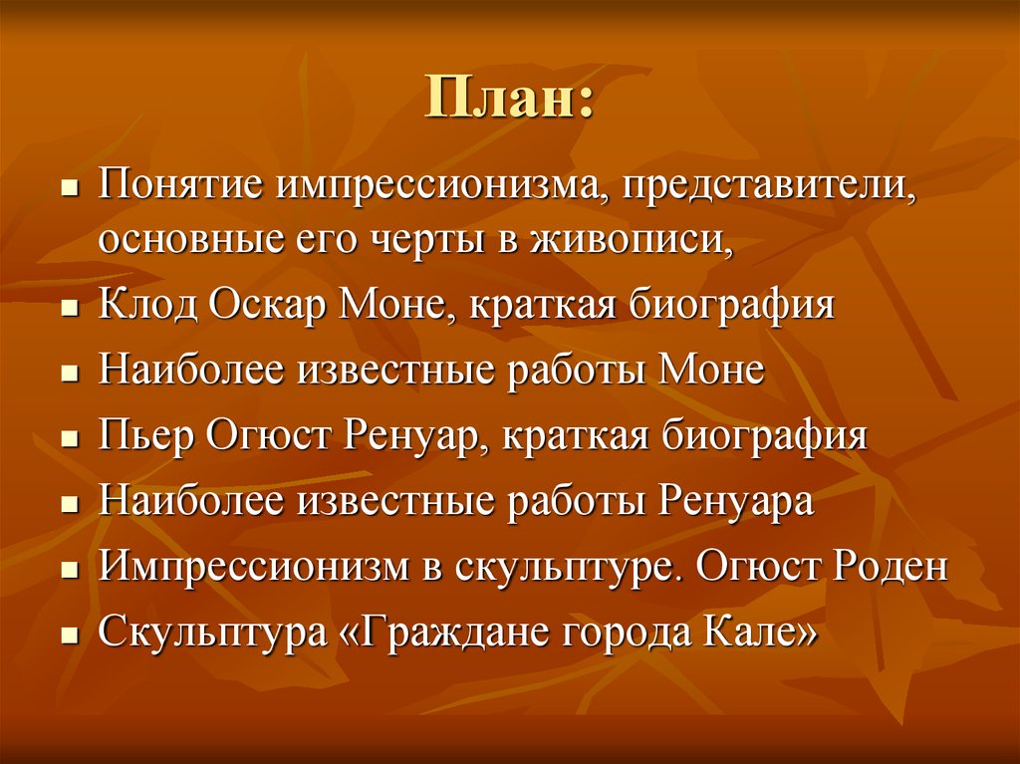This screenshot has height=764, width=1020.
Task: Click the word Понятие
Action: (x=181, y=185)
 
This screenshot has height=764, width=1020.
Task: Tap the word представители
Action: (x=768, y=186)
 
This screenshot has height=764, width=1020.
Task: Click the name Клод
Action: (x=147, y=304)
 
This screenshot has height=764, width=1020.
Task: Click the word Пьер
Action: (x=146, y=434)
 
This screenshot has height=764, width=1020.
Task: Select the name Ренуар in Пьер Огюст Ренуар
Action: (x=415, y=435)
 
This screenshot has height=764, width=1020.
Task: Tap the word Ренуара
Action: (x=736, y=500)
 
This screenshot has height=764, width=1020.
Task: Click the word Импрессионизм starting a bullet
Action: (x=254, y=566)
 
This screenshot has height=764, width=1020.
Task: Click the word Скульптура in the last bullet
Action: (x=212, y=632)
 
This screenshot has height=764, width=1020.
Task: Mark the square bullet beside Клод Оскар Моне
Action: (x=70, y=307)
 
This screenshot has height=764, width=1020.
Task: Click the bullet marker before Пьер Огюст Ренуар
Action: (x=70, y=437)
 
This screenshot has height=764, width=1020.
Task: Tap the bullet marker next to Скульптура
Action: (x=70, y=634)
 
